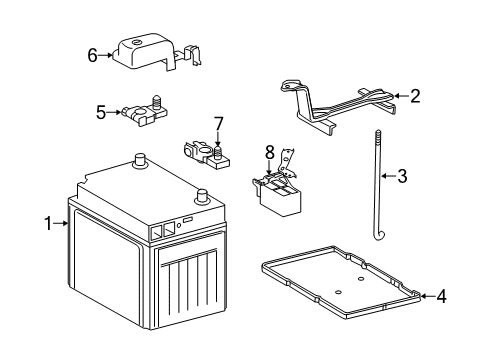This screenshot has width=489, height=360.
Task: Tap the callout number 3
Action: [x=402, y=177]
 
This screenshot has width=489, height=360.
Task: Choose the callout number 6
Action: [x=93, y=56]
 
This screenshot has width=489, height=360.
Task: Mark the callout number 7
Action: [x=217, y=123]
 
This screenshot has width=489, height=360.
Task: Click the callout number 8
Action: [x=269, y=152]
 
